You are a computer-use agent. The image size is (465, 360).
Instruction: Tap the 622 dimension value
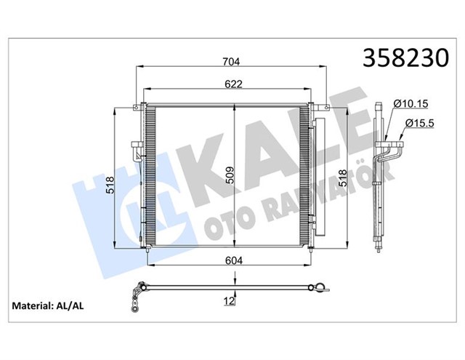[x=232, y=84]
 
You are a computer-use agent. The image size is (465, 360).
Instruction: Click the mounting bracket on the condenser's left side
[x=136, y=152]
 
